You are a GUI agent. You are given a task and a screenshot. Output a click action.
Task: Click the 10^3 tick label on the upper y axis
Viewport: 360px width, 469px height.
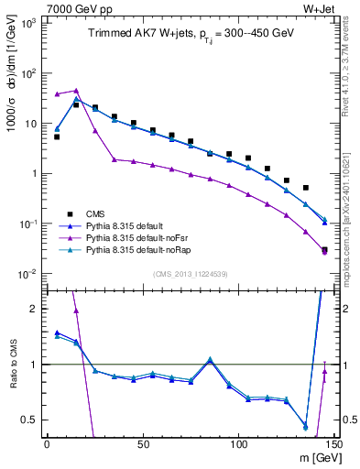tap(27, 22)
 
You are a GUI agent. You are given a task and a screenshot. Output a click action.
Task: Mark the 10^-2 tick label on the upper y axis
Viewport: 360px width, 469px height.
tap(27, 274)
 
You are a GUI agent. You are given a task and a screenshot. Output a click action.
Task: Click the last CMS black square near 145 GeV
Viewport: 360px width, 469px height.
tap(324, 249)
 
